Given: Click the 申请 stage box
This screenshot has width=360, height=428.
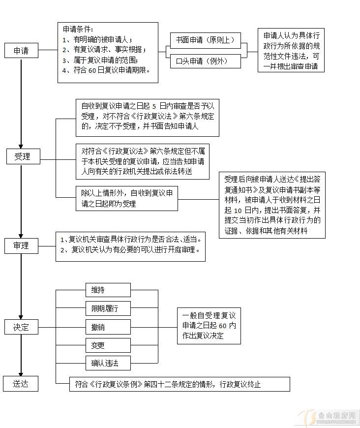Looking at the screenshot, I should (x=21, y=51).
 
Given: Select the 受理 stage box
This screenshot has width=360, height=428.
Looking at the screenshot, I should (x=22, y=156).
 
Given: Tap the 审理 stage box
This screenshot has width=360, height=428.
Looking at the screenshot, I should (x=21, y=245).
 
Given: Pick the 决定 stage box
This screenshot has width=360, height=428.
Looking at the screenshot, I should (x=21, y=327).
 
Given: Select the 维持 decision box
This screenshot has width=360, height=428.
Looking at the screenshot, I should (x=108, y=290).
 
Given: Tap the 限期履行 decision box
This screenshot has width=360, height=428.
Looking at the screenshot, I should (x=108, y=308).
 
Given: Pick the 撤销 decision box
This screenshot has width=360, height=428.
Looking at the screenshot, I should (x=108, y=327).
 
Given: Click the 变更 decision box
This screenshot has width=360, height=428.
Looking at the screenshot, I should (x=108, y=345).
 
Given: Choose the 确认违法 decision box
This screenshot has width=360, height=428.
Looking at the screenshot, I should (x=108, y=364).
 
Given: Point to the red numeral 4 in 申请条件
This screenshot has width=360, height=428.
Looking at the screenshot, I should (x=64, y=70).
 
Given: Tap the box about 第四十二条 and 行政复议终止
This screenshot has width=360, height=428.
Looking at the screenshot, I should (x=180, y=384).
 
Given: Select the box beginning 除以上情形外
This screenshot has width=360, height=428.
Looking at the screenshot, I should (x=126, y=199).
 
